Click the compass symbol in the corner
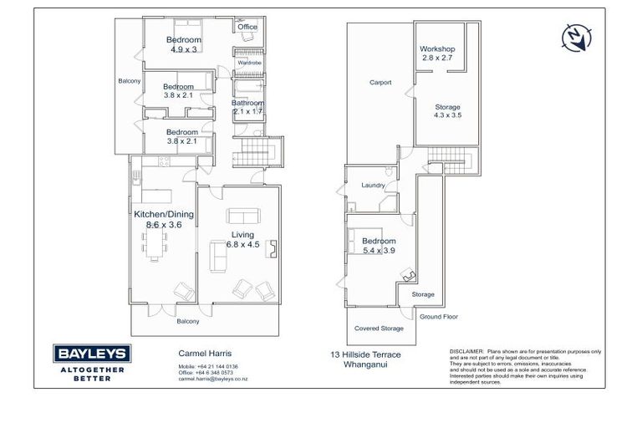[578, 37]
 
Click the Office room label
[247, 28]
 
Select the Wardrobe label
[249, 63]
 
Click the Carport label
[380, 83]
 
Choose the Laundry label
[372, 186]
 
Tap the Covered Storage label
[379, 329]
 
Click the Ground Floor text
[438, 317]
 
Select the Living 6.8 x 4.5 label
[243, 240]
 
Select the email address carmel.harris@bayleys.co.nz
[213, 379]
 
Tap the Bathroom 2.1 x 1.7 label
[247, 107]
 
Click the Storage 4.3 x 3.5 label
[447, 111]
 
